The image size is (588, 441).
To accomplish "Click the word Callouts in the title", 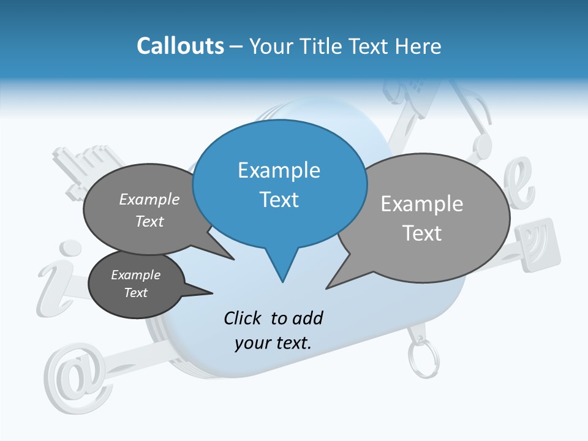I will (x=180, y=46).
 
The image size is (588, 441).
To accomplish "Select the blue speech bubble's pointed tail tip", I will (x=282, y=281).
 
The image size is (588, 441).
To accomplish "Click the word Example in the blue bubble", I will (x=279, y=170).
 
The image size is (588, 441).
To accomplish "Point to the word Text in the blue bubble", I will (x=279, y=200).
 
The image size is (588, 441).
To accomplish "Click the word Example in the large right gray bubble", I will (x=421, y=204).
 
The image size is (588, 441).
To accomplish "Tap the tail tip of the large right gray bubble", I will (x=327, y=287).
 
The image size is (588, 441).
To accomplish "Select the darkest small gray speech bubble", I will (x=136, y=284).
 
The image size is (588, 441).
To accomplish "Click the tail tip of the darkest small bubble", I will (x=212, y=293).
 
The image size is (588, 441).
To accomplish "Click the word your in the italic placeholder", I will (x=251, y=343).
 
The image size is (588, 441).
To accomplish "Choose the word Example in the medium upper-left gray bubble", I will (x=149, y=200).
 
